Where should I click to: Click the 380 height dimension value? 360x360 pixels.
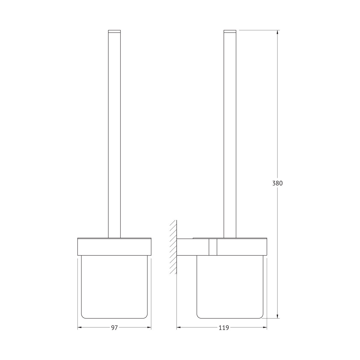point(277,183)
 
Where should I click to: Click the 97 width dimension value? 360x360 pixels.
point(114,328)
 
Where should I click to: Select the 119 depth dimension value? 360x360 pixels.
point(223,328)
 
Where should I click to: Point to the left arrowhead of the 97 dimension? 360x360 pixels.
point(80,327)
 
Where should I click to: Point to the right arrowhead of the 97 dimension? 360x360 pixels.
point(149,327)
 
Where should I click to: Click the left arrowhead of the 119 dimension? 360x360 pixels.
point(179,327)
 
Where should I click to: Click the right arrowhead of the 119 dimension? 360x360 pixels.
point(265,327)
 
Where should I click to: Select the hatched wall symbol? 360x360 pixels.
point(173,247)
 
